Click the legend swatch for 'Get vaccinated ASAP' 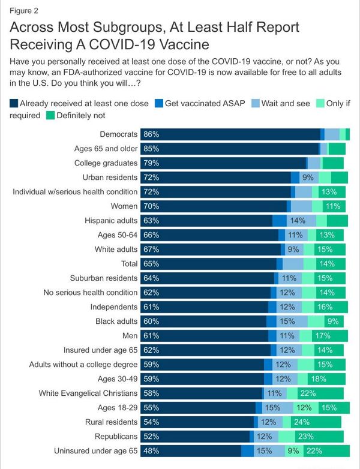(x=159, y=103)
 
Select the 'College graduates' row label (x=106, y=163)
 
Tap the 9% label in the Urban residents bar (x=308, y=178)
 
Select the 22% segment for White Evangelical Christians (x=307, y=393)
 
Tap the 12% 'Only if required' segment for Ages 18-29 (x=304, y=407)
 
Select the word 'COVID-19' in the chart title (x=158, y=44)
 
